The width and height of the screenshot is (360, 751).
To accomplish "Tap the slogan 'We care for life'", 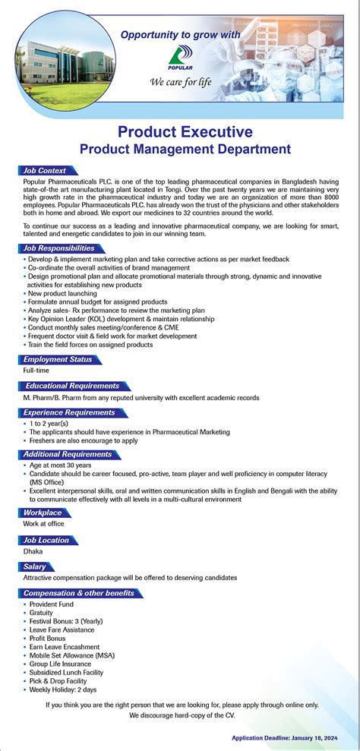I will [181, 81].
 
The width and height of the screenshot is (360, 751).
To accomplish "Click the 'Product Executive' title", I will [185, 132].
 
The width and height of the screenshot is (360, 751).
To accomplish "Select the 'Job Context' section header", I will [45, 171].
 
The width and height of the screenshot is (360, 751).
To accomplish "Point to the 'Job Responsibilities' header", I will [58, 248].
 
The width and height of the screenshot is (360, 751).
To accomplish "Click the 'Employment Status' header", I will [57, 359].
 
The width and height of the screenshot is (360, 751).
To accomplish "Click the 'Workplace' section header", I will [43, 513].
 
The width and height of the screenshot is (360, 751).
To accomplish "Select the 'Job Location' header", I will [46, 540].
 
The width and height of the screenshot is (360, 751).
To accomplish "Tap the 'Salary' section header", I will [35, 566].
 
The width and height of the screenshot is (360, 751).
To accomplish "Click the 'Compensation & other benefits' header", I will [79, 593].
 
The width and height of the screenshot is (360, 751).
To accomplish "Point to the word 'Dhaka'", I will [33, 551].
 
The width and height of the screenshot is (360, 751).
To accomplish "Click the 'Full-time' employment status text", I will [36, 371].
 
